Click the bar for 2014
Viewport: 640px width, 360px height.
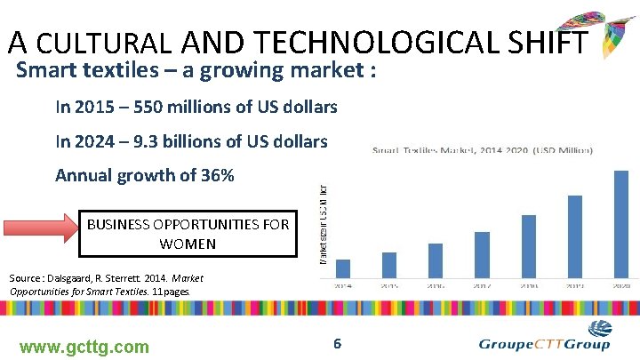[x=343, y=268]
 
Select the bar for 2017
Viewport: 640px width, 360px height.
[x=482, y=254]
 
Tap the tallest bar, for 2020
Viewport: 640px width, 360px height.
[x=620, y=224]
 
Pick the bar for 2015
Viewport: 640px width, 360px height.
[x=389, y=265]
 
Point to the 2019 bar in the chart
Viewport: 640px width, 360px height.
[x=574, y=236]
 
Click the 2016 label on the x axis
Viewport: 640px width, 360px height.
[x=436, y=286]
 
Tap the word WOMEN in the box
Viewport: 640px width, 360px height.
[x=188, y=243]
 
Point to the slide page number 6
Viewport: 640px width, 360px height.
[x=337, y=343]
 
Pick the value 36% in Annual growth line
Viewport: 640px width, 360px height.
[x=216, y=175]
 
